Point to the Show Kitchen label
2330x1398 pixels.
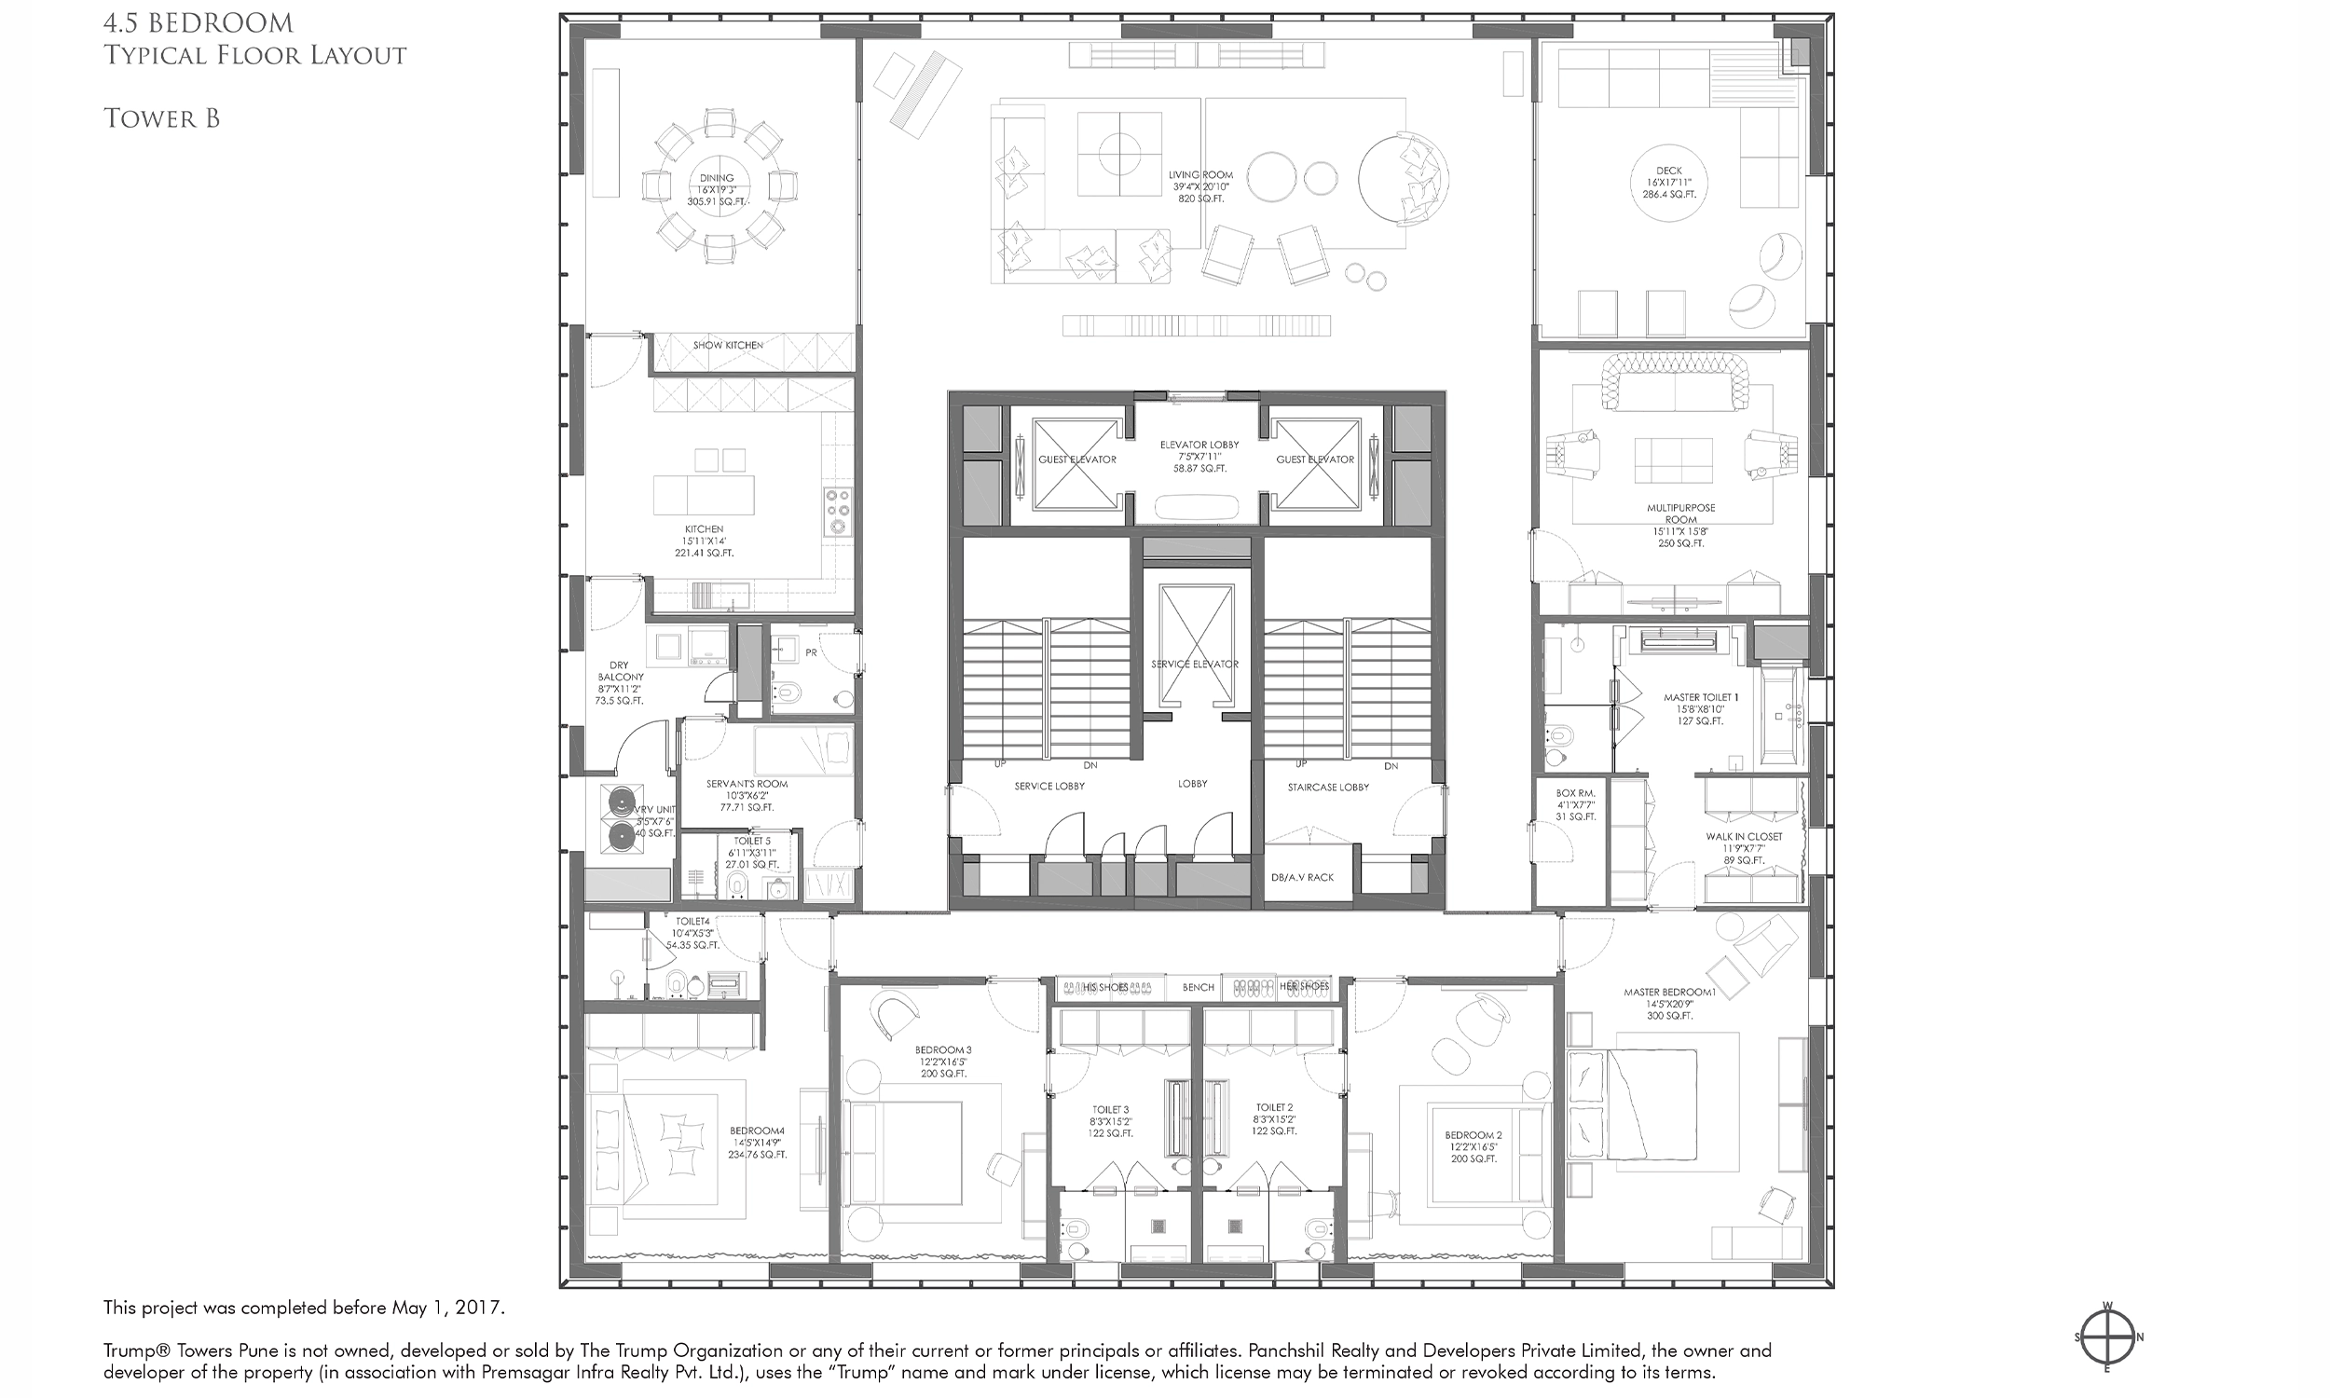(x=728, y=346)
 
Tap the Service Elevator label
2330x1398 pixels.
(x=1195, y=665)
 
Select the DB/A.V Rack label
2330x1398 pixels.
(x=1303, y=877)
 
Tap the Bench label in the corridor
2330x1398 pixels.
(x=1198, y=987)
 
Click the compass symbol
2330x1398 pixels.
(x=2108, y=1336)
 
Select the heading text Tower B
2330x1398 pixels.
(x=162, y=118)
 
